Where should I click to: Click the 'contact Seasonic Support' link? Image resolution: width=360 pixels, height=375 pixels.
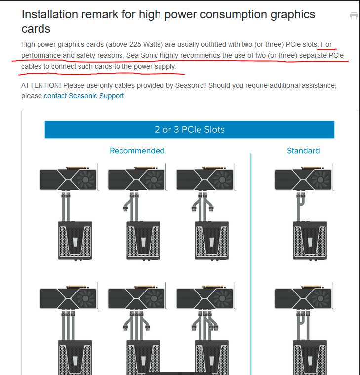tap(84, 96)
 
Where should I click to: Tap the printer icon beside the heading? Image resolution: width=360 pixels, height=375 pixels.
tap(354, 16)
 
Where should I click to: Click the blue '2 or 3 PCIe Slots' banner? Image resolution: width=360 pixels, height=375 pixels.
tap(189, 129)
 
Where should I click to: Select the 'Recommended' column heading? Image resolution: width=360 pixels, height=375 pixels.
tap(137, 151)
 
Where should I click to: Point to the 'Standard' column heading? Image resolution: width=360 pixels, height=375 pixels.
tap(303, 151)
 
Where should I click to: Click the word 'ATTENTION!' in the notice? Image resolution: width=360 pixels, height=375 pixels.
tap(41, 85)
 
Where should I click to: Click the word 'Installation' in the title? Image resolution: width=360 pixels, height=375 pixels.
tap(50, 14)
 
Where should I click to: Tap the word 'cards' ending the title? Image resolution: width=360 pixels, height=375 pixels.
tap(36, 29)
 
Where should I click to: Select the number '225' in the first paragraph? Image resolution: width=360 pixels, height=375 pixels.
tap(135, 45)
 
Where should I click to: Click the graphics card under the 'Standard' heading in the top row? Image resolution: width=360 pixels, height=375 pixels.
tap(303, 178)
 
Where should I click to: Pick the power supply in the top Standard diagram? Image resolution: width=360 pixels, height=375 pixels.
tap(310, 241)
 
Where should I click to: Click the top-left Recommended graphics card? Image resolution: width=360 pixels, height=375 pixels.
tap(69, 178)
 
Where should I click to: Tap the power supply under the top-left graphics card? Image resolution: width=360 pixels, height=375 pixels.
tap(75, 241)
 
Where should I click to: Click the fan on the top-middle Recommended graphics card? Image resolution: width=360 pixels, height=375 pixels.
tap(154, 179)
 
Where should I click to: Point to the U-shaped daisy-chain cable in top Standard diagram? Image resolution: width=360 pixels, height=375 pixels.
tap(301, 201)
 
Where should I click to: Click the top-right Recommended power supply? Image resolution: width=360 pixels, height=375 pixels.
tap(212, 241)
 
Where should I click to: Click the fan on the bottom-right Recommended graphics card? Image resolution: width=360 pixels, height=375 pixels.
tap(222, 298)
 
